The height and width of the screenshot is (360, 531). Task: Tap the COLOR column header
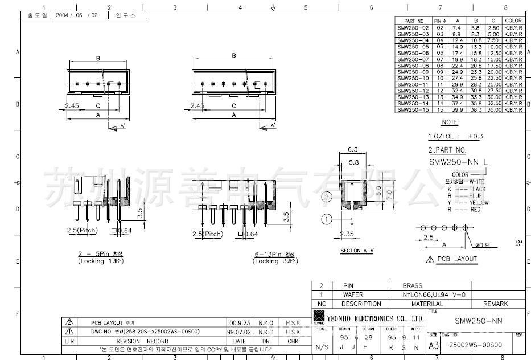click(x=513, y=21)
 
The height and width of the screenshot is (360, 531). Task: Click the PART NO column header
click(x=414, y=21)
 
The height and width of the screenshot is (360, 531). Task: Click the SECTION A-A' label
click(x=358, y=251)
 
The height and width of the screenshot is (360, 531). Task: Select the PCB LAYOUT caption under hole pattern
click(x=456, y=259)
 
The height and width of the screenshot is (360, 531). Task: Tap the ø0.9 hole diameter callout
click(x=483, y=246)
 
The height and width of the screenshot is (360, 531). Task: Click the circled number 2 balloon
click(x=327, y=197)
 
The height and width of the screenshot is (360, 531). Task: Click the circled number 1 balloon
click(x=327, y=219)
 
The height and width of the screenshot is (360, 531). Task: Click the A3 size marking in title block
click(x=433, y=345)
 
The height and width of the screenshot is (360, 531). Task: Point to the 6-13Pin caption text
click(x=275, y=254)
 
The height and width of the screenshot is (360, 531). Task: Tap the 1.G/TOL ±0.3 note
click(x=455, y=137)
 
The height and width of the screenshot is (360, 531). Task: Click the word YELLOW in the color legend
click(x=479, y=202)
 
